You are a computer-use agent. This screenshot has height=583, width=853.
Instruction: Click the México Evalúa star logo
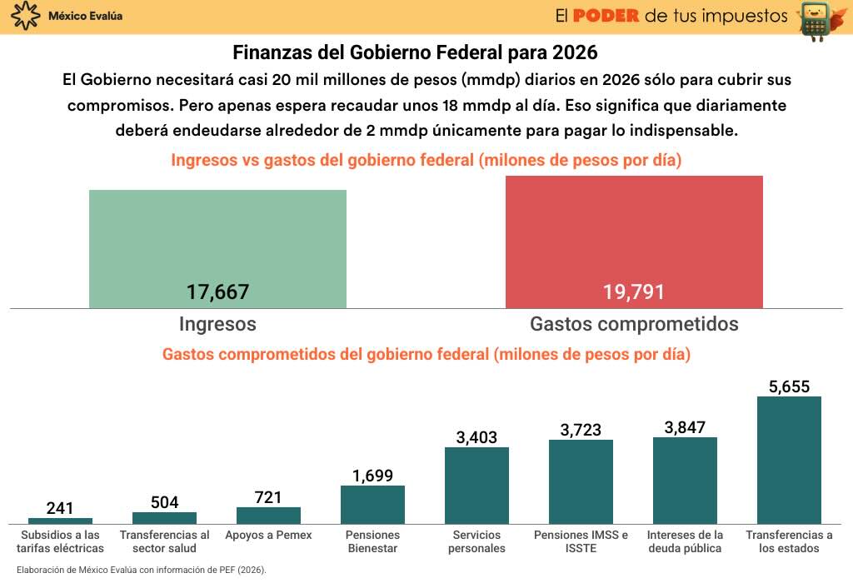27,16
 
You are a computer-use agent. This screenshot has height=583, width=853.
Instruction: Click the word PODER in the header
606,16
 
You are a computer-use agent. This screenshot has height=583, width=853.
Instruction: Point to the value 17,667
217,292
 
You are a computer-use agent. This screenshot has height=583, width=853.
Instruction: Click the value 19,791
634,292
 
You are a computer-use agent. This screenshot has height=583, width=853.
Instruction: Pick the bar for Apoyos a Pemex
268,516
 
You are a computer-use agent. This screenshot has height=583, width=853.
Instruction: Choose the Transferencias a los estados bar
789,460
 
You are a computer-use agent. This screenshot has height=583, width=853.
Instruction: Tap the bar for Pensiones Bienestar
372,505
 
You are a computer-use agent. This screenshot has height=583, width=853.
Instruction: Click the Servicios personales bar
476,486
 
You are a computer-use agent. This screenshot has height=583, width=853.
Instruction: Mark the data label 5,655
789,386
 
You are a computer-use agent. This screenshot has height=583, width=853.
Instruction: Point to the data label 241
60,508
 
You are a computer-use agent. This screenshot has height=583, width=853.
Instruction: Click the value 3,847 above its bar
685,428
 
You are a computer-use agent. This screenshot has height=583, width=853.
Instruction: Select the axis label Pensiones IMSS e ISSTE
581,541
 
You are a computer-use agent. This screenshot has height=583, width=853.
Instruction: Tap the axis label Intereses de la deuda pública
685,541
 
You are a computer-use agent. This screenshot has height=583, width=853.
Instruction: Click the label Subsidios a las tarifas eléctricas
60,541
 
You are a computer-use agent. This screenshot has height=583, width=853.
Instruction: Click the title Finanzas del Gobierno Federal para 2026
415,53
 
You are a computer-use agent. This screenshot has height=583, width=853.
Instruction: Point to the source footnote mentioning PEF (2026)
141,571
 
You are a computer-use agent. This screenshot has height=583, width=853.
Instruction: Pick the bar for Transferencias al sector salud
164,518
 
